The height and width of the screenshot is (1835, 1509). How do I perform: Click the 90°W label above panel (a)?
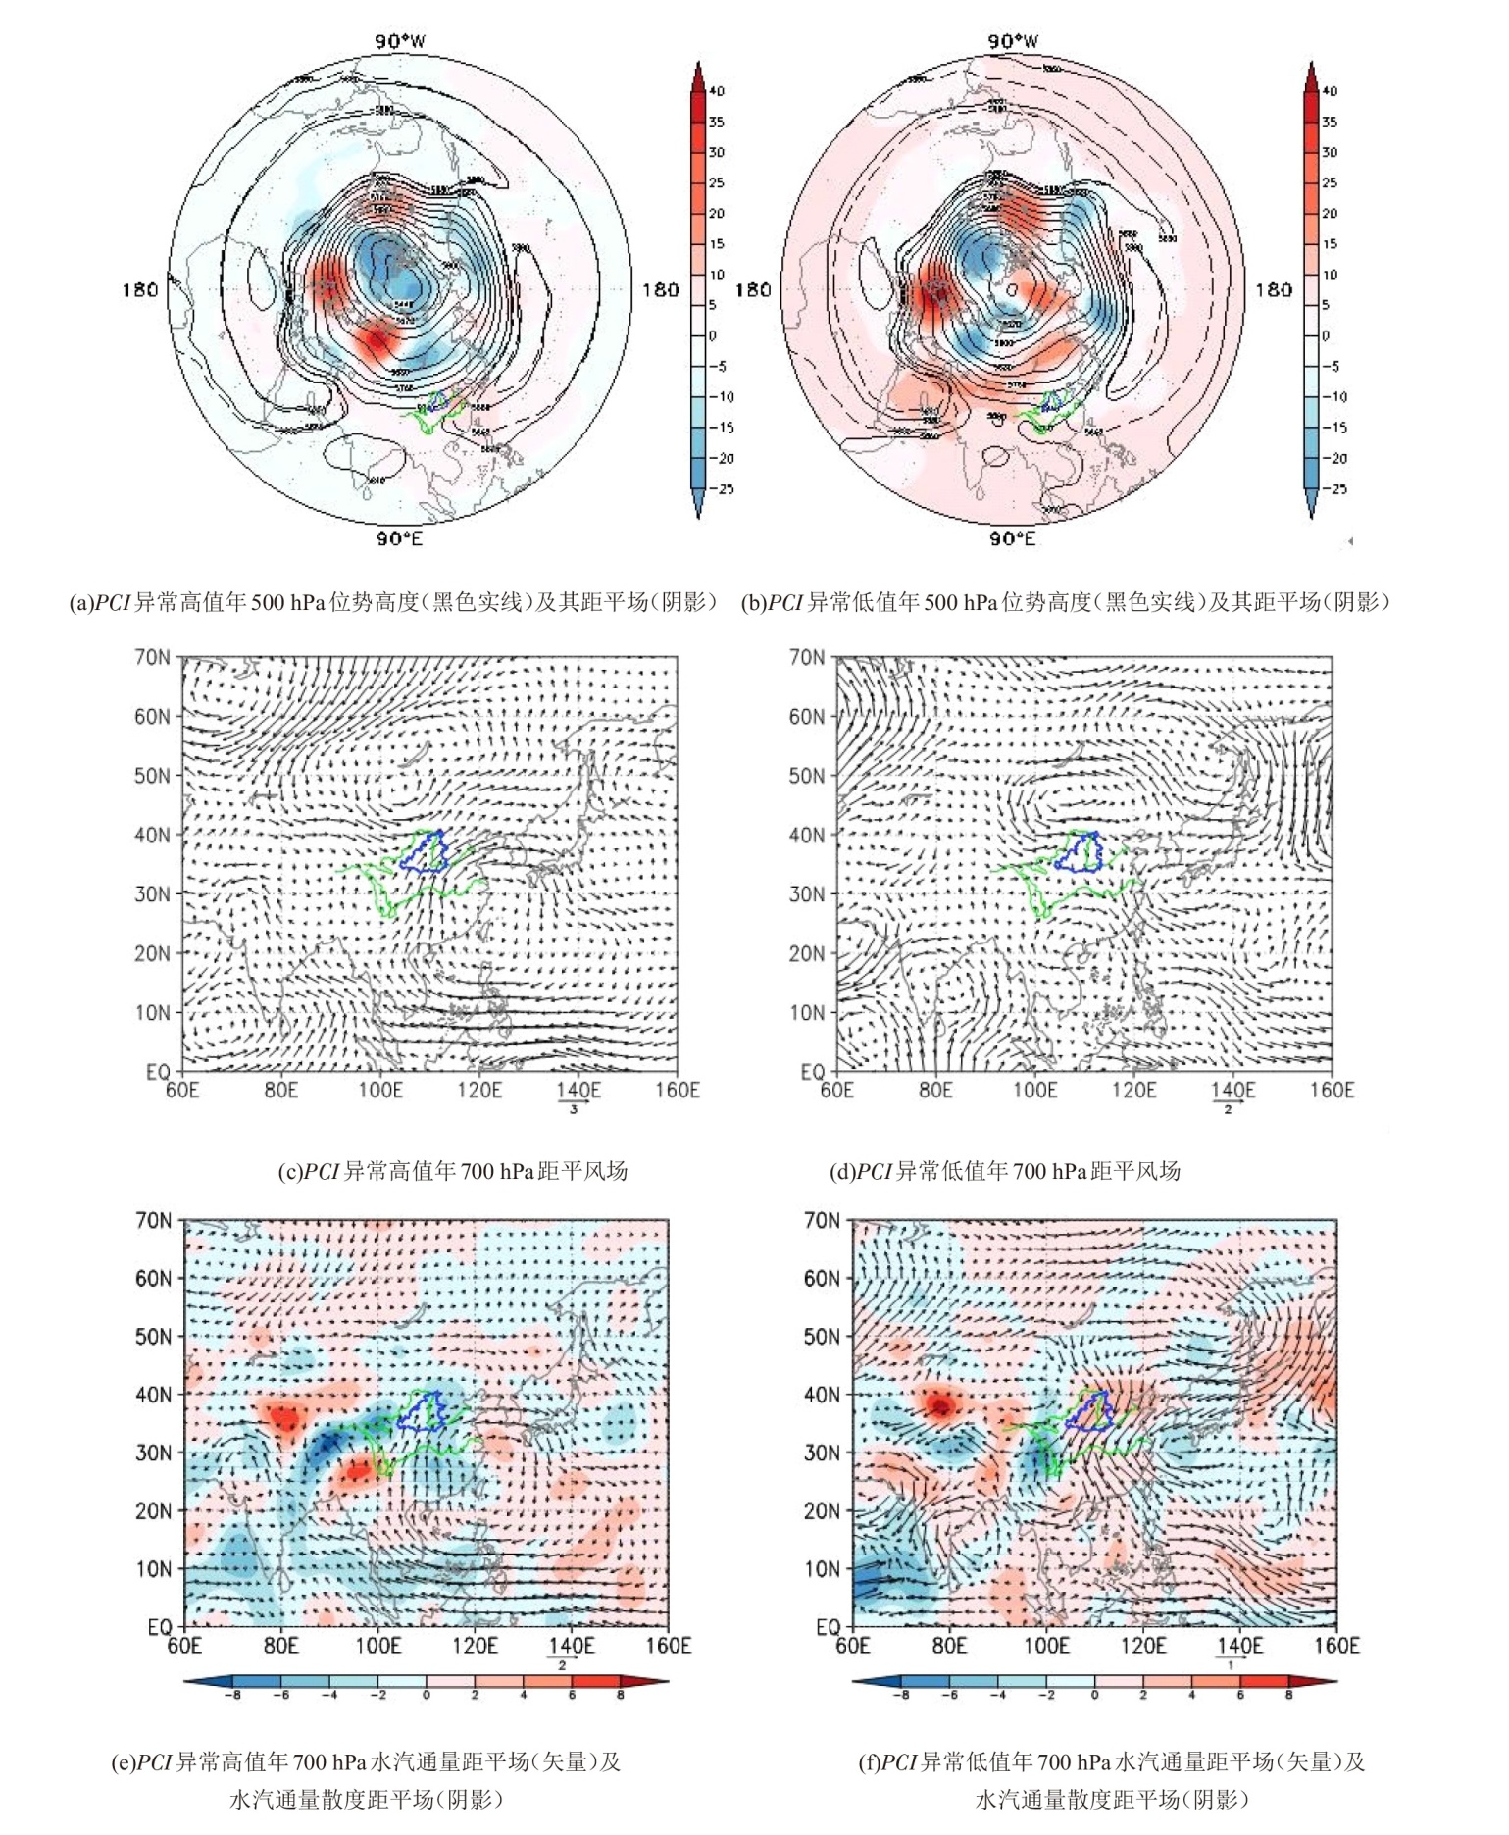tap(400, 41)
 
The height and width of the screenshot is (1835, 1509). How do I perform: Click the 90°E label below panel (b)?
tap(1013, 538)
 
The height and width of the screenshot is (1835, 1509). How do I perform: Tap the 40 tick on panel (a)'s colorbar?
tap(717, 91)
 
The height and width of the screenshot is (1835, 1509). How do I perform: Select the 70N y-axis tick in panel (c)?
tap(152, 657)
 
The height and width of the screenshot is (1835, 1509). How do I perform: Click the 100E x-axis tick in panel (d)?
tap(1034, 1090)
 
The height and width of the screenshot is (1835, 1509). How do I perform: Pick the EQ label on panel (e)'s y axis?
tap(159, 1627)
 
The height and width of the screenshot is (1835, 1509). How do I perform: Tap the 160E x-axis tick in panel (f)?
tap(1335, 1645)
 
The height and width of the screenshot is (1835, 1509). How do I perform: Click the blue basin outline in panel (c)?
tap(424, 852)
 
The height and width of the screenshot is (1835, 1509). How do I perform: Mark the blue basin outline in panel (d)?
tap(1079, 852)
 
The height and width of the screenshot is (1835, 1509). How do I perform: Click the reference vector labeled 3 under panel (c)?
tap(574, 1102)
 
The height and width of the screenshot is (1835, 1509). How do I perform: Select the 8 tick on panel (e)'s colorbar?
tap(620, 1694)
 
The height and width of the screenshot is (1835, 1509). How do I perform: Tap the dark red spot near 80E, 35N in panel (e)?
tap(284, 1418)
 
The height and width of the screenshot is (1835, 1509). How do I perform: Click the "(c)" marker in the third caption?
tap(290, 1171)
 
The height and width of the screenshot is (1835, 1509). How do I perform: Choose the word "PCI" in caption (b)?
tap(785, 602)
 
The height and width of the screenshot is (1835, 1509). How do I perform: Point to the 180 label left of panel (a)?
tap(140, 289)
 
